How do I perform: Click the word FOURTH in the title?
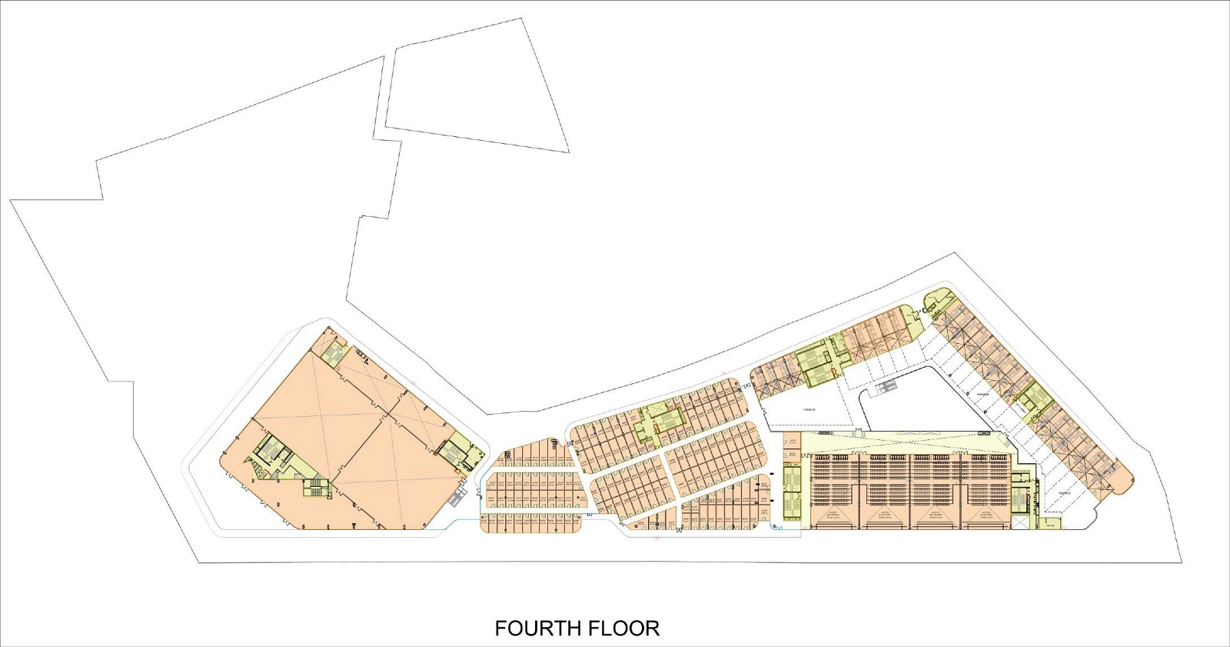click(x=537, y=629)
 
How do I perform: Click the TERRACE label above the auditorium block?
click(x=809, y=410)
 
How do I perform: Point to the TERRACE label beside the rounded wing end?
click(x=1064, y=493)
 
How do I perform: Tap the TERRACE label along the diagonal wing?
click(x=982, y=394)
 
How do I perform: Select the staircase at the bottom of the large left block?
click(x=314, y=488)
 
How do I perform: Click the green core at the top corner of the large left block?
click(x=335, y=354)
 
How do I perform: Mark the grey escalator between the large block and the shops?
click(x=457, y=498)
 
